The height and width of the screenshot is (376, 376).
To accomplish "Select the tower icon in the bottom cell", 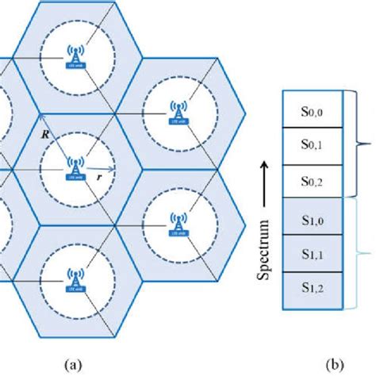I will [x=75, y=279].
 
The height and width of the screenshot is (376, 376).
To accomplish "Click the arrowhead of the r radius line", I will [x=112, y=169].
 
